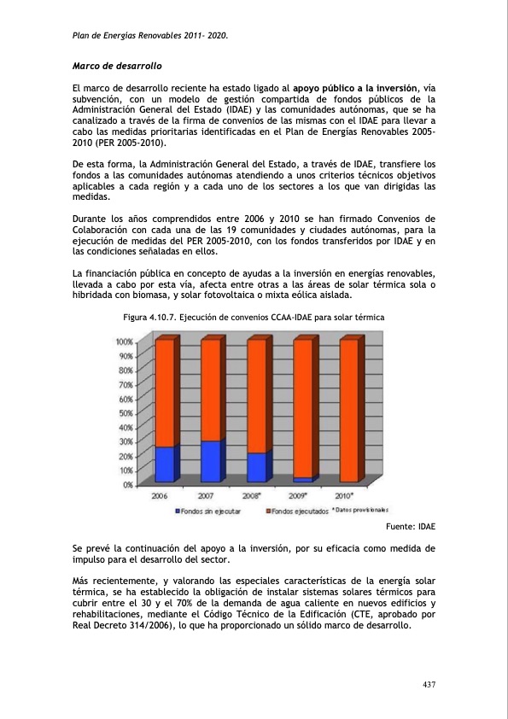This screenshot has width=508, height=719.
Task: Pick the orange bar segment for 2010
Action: (348, 410)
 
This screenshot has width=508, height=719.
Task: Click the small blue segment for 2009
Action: (302, 479)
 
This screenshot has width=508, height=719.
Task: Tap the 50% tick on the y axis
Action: (125, 413)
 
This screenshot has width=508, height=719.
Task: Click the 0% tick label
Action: (126, 484)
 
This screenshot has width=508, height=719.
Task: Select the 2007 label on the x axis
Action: (206, 495)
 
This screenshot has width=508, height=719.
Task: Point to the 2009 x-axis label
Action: (299, 495)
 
